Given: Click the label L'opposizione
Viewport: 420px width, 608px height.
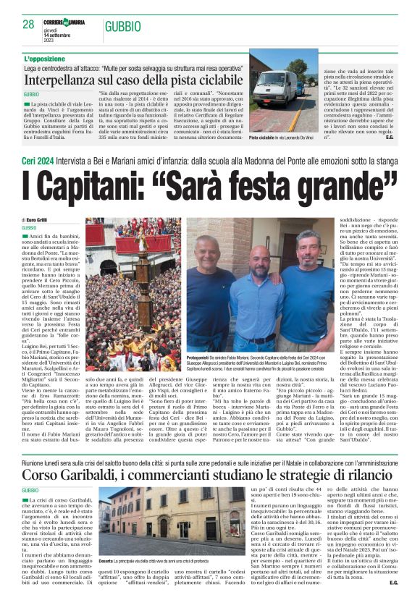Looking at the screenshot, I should click(49, 59).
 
